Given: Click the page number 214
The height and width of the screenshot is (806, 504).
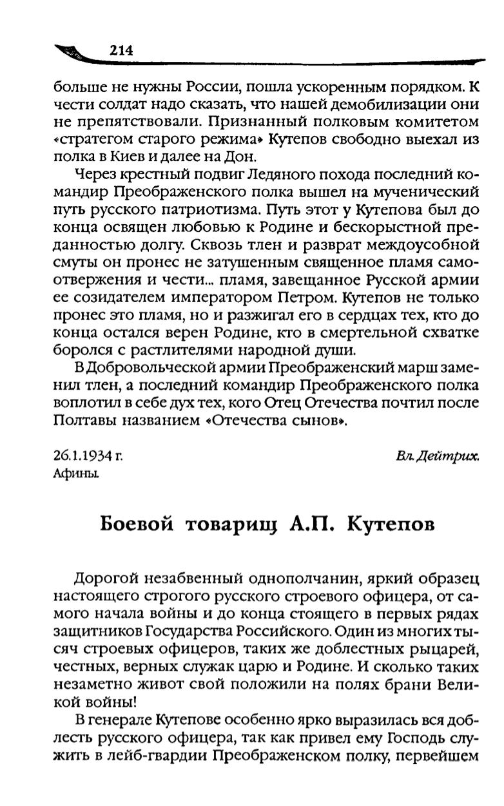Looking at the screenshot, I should click(121, 51).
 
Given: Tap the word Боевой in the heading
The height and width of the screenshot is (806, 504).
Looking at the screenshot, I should click(137, 524).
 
